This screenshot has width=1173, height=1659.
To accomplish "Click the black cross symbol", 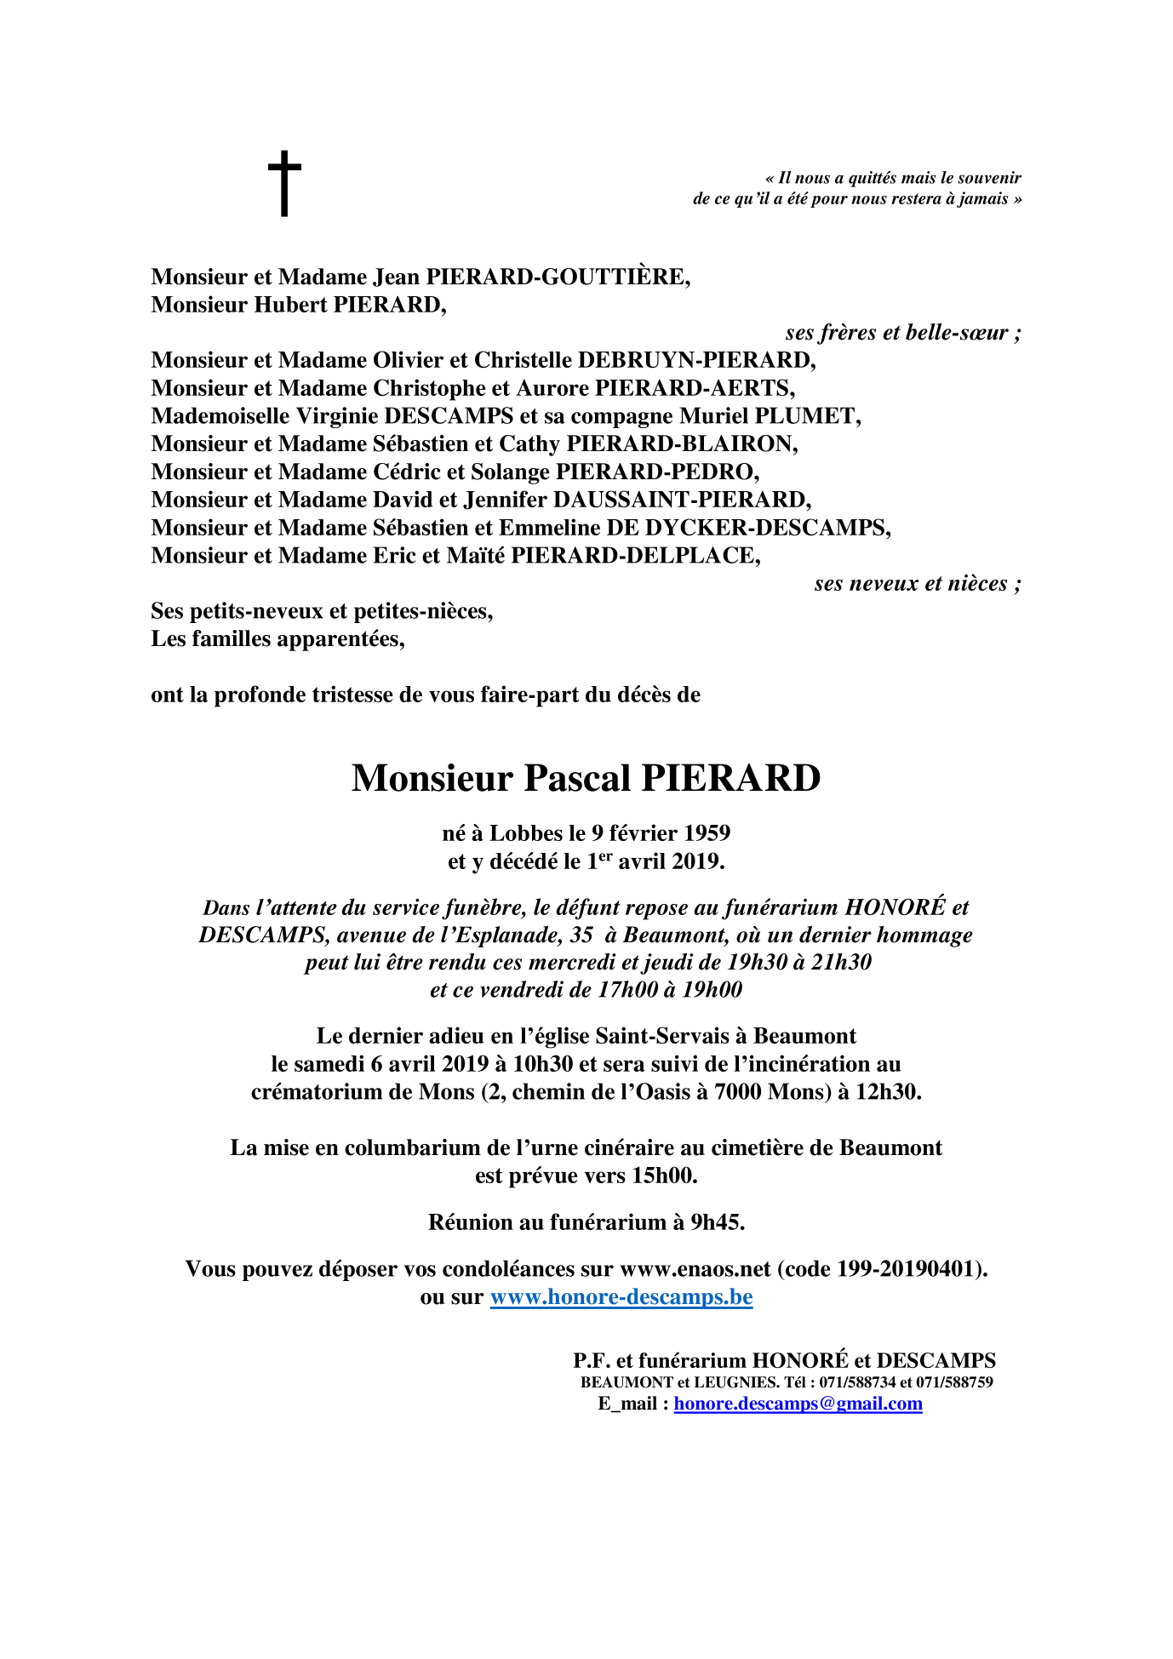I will point(284,183).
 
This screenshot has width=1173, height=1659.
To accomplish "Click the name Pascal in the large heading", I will point(576,778).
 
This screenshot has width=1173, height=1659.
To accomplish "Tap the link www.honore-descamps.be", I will point(621,1297).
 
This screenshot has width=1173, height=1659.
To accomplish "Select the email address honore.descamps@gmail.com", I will point(798,1404).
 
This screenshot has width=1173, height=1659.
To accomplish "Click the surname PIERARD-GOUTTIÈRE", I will point(557,277).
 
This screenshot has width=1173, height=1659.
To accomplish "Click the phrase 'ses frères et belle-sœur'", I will point(902,333).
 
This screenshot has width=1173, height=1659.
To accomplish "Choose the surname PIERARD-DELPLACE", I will point(634,556).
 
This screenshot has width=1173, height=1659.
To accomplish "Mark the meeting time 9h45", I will point(717,1223).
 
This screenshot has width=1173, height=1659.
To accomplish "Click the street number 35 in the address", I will point(581,935).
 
